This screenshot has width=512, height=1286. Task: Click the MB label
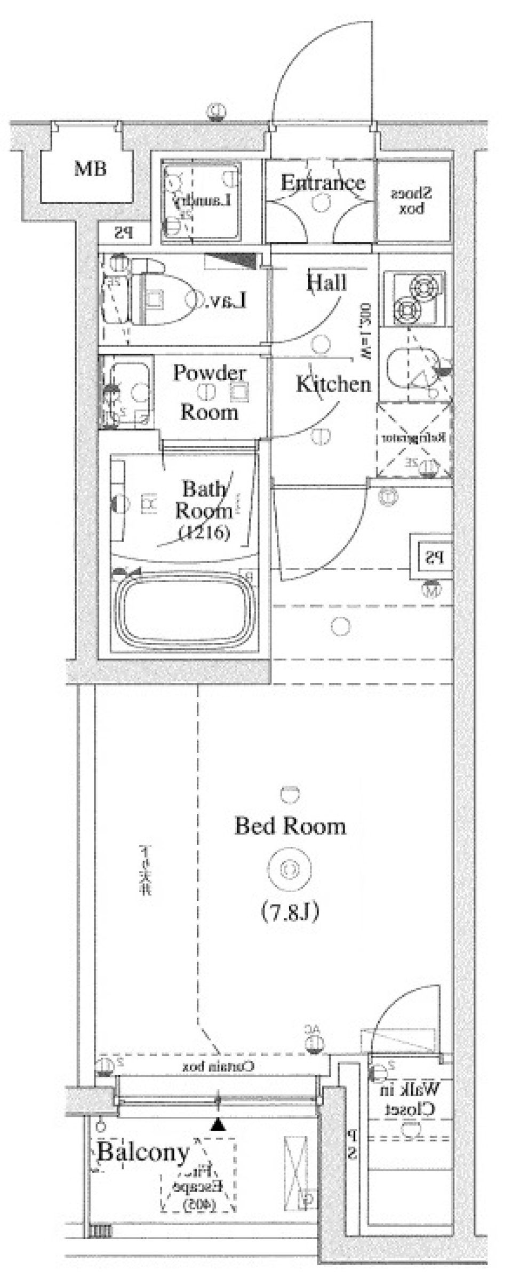click(90, 169)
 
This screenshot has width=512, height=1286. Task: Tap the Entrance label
click(323, 183)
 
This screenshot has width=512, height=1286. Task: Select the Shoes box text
click(411, 201)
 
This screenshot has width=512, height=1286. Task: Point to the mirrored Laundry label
click(202, 201)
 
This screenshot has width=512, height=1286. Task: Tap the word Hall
click(326, 282)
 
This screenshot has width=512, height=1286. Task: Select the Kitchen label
click(333, 384)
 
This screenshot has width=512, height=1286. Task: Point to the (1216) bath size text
click(205, 532)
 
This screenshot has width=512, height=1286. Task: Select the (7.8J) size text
click(290, 912)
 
